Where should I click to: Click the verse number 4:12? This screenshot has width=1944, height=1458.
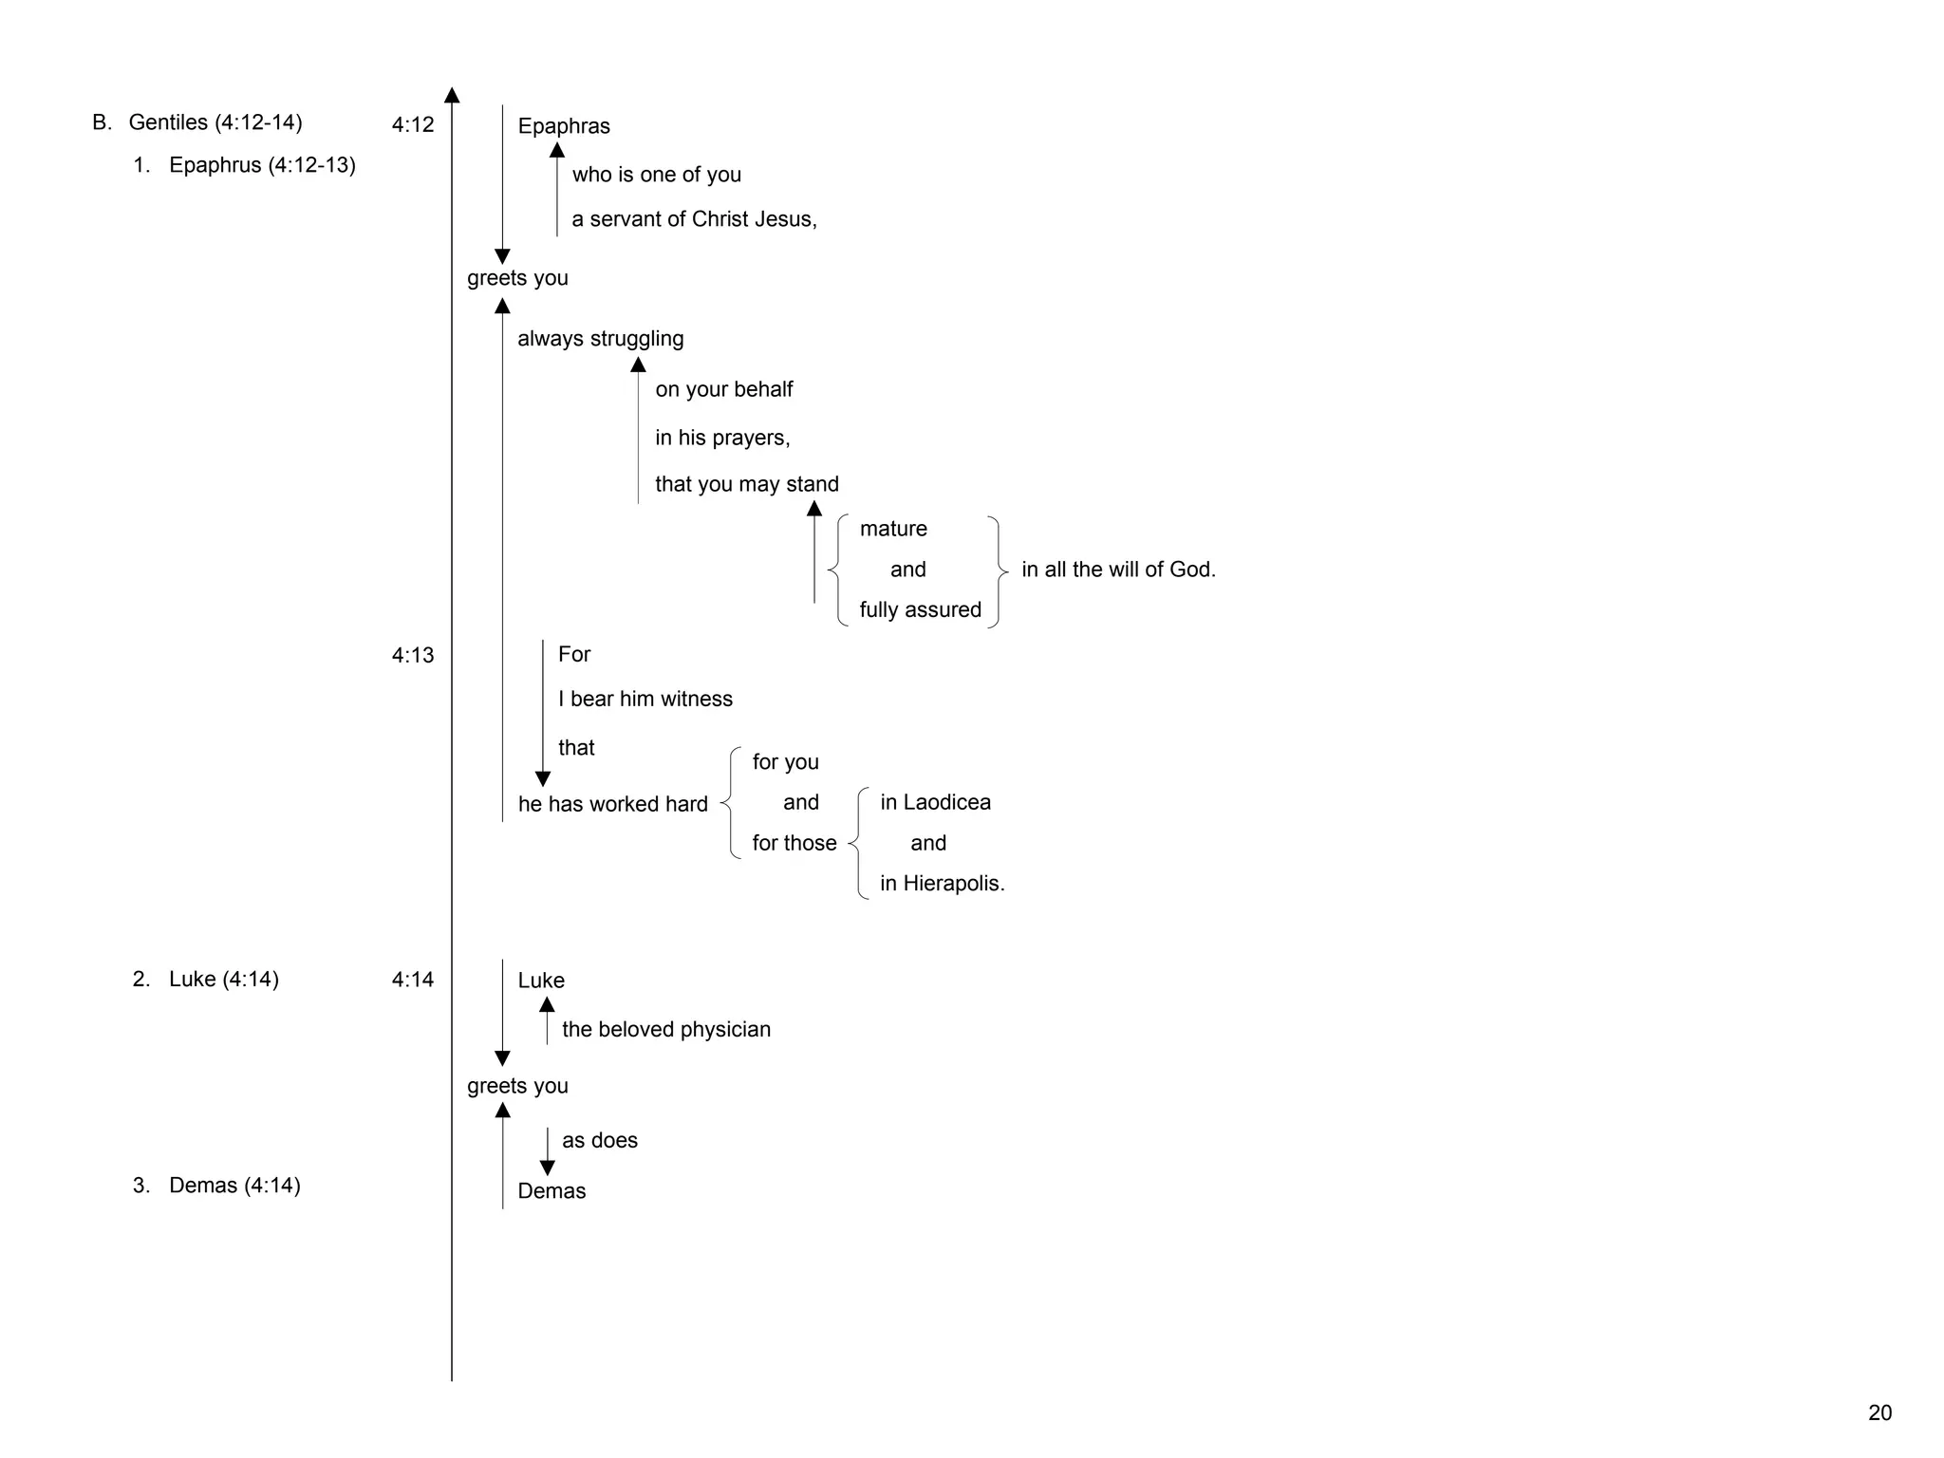coord(413,124)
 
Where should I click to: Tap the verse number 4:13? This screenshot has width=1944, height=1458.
coord(413,655)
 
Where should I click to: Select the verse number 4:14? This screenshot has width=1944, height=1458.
coord(413,980)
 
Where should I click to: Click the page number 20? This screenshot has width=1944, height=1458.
coord(1879,1412)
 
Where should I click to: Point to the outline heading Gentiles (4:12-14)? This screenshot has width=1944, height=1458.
coord(215,122)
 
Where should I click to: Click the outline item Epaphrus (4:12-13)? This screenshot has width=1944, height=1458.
coord(262,165)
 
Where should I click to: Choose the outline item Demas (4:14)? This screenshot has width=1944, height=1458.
coord(234,1186)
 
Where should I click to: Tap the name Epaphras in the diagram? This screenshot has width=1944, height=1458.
coord(564,126)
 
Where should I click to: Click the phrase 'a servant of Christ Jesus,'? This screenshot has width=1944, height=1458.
coord(694,219)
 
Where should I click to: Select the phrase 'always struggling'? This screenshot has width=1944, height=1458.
coord(600,339)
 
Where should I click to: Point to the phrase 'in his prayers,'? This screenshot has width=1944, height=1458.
coord(722,438)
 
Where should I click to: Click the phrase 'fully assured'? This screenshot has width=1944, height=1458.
coord(920,609)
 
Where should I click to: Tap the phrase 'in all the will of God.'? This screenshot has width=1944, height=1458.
coord(1118,570)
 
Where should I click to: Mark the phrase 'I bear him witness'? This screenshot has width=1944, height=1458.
coord(645,700)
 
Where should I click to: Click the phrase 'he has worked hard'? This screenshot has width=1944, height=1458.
coord(612,804)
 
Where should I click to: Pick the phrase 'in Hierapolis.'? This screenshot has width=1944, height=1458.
coord(942,884)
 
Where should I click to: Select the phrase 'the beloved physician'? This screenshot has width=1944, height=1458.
coord(665,1030)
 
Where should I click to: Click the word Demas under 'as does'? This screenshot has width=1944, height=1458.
coord(551,1191)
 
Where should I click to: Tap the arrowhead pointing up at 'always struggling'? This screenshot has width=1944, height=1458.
coord(638,364)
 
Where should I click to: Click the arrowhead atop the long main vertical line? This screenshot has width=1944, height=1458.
coord(452,95)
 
